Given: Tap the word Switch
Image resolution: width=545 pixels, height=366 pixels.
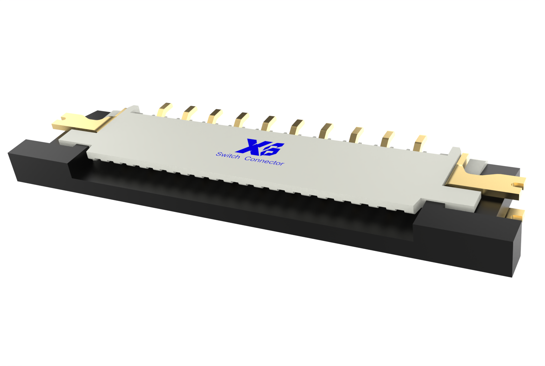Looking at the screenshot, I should [228, 156].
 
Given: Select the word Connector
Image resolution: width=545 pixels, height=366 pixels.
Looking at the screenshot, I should [264, 161].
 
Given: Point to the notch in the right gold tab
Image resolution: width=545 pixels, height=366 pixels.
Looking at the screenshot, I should [518, 185].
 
